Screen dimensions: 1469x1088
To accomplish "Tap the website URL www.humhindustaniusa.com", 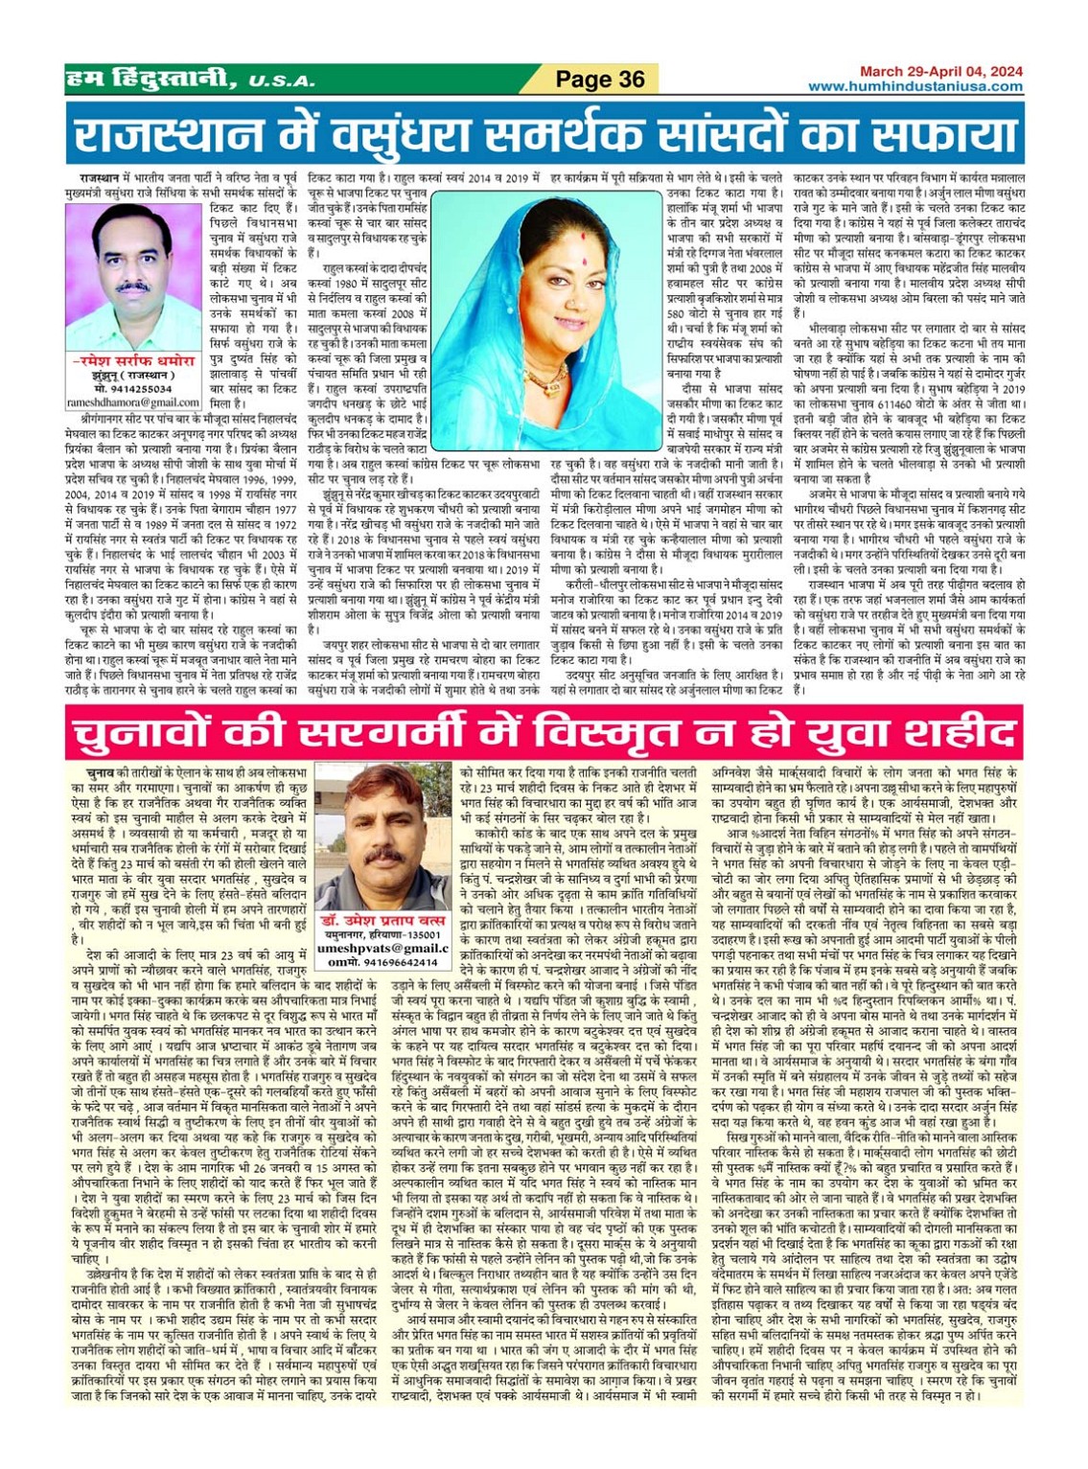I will (x=914, y=86).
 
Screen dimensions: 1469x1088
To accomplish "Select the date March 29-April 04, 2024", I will (x=940, y=71).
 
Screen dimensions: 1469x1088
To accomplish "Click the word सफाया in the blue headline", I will (x=929, y=135).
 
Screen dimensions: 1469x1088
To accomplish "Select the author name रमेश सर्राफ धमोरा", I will (x=133, y=361).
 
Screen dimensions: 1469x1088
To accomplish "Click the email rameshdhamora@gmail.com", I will (x=133, y=403).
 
